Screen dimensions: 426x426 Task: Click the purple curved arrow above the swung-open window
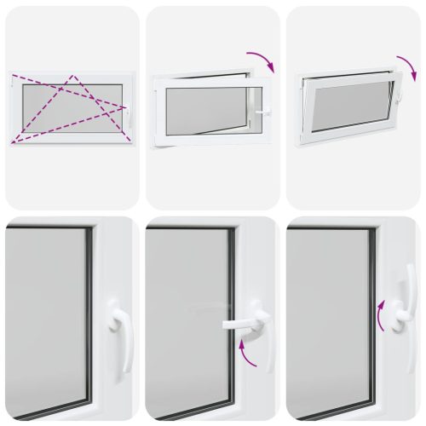coord(261,60)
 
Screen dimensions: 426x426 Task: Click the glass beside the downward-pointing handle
coord(47,315)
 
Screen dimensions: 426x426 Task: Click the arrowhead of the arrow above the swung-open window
coord(270,70)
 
